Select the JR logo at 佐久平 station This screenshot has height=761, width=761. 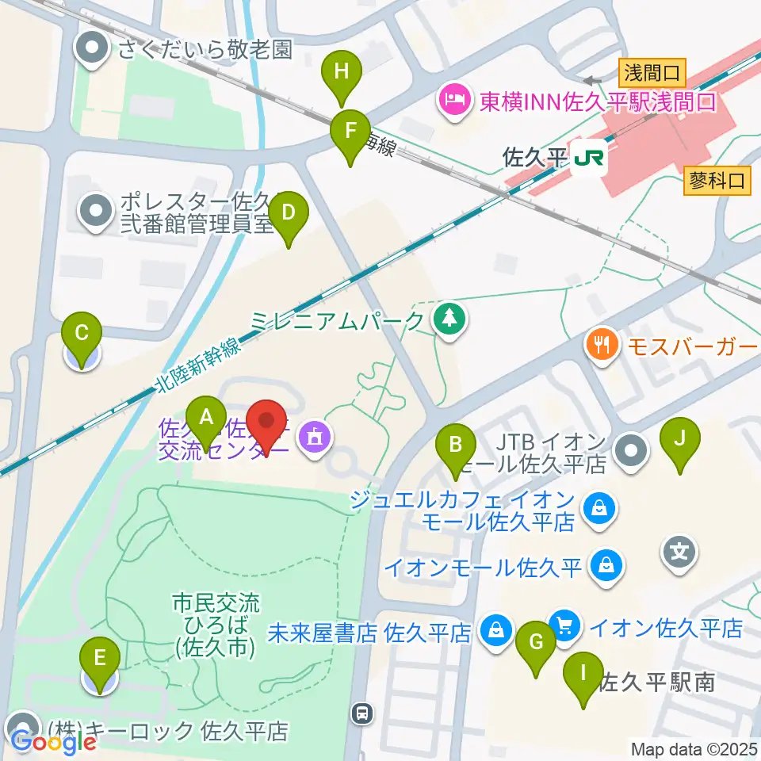tap(589, 158)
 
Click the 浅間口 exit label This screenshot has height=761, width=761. tap(650, 75)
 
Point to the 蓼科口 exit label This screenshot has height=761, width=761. tap(716, 181)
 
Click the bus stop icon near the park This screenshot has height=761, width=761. tap(362, 713)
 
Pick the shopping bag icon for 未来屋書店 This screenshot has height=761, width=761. tap(495, 632)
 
